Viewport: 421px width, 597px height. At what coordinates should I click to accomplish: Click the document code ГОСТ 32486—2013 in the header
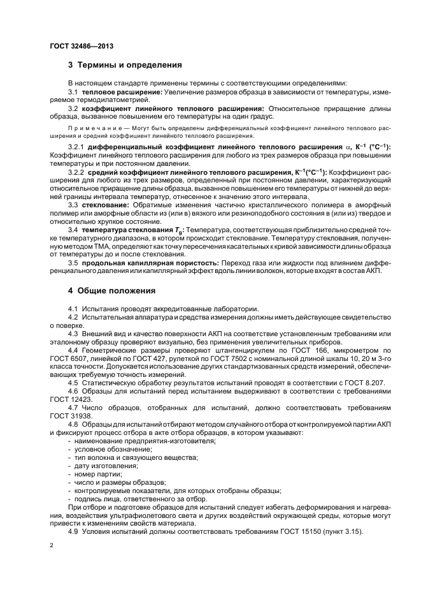(x=78, y=46)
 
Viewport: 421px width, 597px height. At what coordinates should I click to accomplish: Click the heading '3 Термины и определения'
(x=125, y=65)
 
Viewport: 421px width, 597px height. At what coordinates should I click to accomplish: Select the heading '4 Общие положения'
(x=111, y=291)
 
